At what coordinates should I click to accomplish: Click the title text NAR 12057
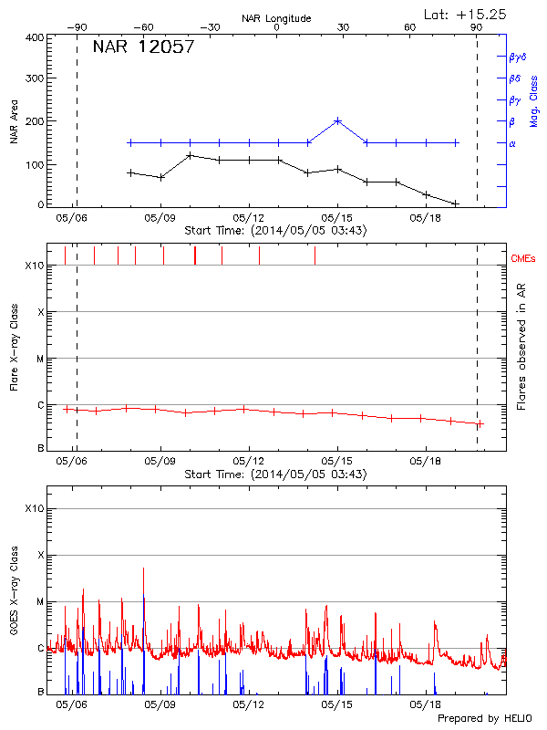click(143, 47)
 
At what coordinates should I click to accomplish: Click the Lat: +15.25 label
click(466, 14)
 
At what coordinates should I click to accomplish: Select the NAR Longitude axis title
click(276, 18)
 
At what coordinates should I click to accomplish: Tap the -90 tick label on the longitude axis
click(76, 28)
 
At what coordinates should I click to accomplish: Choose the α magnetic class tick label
click(512, 143)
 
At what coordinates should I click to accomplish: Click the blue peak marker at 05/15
click(337, 120)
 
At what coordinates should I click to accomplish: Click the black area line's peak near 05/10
click(190, 155)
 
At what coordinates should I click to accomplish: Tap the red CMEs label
click(524, 260)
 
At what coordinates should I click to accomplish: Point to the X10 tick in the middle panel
click(35, 266)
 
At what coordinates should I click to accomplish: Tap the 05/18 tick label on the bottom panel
click(426, 705)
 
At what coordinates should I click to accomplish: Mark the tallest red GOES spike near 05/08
click(143, 568)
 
